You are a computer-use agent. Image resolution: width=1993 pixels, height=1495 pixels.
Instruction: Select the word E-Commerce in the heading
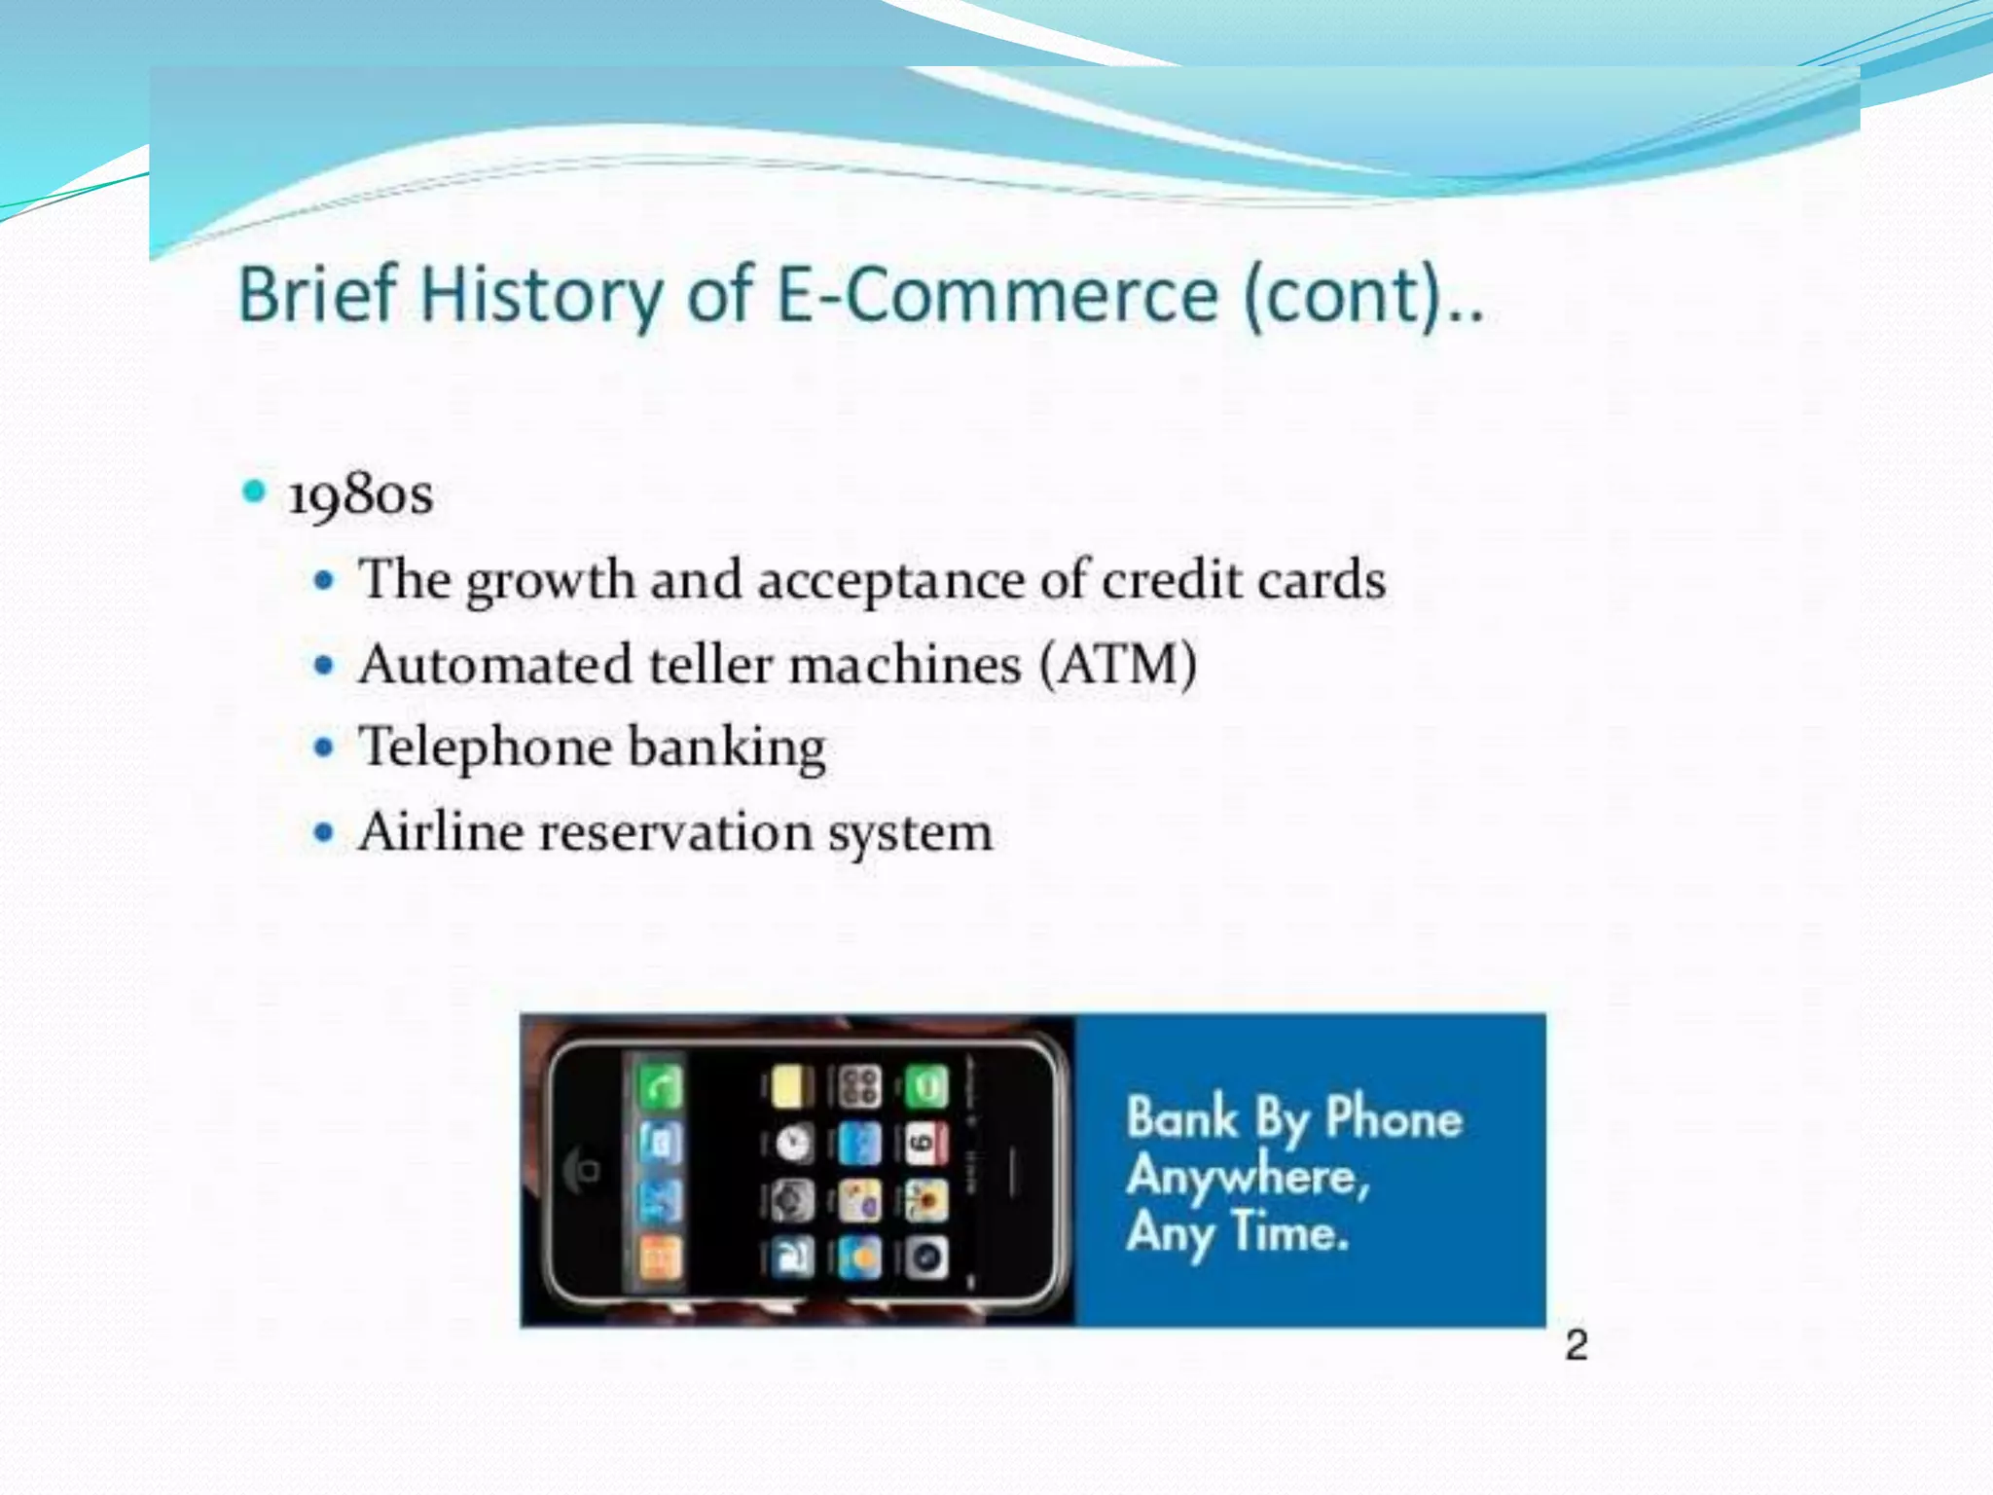(x=996, y=295)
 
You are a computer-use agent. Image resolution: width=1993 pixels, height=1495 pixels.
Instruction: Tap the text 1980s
(x=360, y=495)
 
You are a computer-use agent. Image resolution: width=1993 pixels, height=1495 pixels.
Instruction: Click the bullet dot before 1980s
(x=254, y=492)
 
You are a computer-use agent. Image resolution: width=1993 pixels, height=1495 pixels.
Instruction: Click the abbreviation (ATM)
(x=1118, y=666)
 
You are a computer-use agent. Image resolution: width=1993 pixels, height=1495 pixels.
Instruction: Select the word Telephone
(x=486, y=747)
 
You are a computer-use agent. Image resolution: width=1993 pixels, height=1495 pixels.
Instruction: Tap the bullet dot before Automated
(x=324, y=666)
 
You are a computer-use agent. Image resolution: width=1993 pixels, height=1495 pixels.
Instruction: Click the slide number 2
(x=1576, y=1345)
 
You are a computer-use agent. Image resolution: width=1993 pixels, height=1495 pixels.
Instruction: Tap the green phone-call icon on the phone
(x=660, y=1086)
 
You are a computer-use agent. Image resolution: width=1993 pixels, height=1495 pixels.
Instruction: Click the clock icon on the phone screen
(x=793, y=1144)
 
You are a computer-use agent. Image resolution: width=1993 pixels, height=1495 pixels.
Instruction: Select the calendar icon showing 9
(x=926, y=1144)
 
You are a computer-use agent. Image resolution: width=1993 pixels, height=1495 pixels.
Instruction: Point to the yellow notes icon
(x=793, y=1086)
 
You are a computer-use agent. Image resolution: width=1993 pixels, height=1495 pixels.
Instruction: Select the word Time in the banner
(x=1290, y=1232)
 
